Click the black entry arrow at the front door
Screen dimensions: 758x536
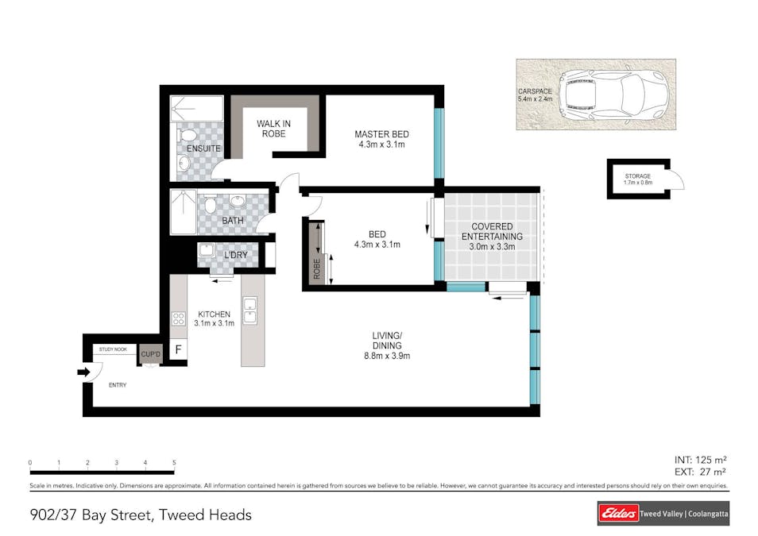(83, 372)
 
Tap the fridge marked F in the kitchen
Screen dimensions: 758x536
(179, 349)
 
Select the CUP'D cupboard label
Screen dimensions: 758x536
(151, 354)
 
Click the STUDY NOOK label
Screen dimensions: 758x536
(113, 349)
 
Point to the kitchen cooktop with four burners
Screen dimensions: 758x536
(179, 318)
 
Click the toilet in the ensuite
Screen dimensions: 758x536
(186, 134)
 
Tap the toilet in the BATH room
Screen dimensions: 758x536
(210, 205)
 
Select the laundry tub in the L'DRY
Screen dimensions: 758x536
(207, 250)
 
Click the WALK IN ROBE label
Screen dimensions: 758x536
(273, 129)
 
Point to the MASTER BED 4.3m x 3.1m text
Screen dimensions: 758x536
(382, 139)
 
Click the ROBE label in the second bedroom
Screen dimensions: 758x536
(317, 268)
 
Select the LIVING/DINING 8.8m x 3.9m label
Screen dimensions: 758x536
(387, 345)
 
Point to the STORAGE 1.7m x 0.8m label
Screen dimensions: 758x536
(638, 179)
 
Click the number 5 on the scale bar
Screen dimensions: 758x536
(174, 462)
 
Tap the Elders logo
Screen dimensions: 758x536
(618, 513)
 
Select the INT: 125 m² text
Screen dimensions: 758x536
(701, 460)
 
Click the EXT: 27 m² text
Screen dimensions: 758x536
(701, 472)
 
